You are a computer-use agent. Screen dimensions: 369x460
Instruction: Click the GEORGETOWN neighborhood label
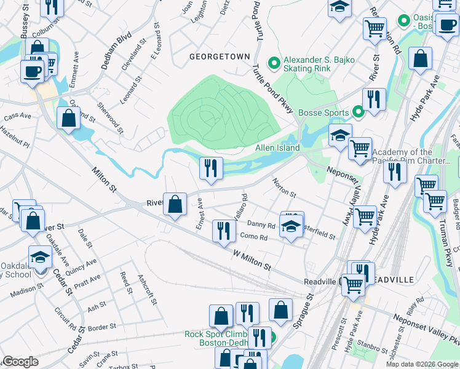point(220,56)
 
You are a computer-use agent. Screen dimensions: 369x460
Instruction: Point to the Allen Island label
point(277,148)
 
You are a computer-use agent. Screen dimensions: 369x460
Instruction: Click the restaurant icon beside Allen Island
point(210,167)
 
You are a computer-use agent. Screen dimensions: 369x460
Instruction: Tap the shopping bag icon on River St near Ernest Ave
point(175,204)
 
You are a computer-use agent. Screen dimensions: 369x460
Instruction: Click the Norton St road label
point(285,188)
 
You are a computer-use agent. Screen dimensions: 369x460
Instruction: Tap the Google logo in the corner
point(20,362)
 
